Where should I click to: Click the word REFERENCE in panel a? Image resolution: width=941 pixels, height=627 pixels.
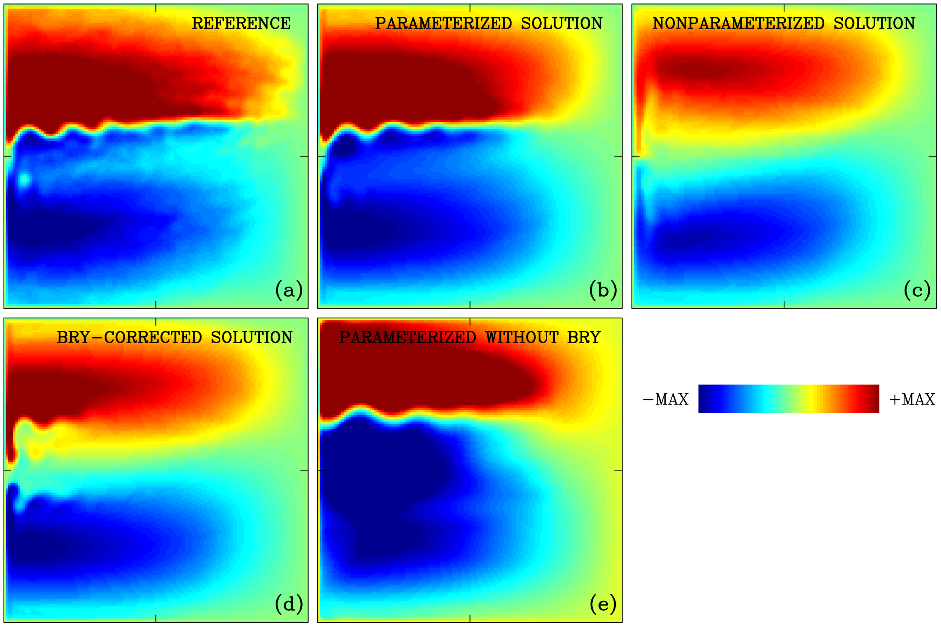241,23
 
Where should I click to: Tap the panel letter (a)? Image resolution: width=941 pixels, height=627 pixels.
289,290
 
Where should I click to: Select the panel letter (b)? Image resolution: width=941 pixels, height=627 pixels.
603,290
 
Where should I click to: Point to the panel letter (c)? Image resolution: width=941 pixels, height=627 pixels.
917,290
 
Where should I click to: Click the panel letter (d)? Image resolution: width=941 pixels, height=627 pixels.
289,604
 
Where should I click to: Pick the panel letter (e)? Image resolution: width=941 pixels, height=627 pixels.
603,604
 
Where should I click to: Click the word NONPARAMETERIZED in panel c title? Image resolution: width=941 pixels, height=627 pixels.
738,23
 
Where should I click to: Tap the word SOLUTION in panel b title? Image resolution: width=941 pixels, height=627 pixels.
562,23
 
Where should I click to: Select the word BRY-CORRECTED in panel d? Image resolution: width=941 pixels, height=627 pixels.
129,338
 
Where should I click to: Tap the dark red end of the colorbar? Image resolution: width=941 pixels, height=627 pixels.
874,399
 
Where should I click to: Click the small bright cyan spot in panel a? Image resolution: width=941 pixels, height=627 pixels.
24,180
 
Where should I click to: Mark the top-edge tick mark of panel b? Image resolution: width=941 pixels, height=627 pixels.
470,7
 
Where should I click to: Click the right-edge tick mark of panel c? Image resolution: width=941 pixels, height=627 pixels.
933,156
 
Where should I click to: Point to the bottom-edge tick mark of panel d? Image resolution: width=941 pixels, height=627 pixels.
156,619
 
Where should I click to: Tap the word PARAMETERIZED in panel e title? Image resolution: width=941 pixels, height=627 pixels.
408,338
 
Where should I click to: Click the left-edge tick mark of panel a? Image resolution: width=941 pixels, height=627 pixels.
7,156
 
